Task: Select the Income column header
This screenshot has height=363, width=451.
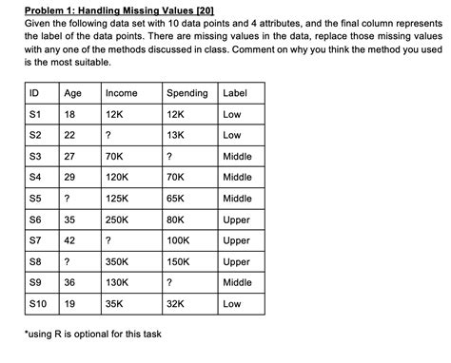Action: pyautogui.click(x=121, y=93)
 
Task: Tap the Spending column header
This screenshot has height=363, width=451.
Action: pyautogui.click(x=186, y=93)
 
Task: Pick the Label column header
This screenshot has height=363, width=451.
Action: pyautogui.click(x=234, y=93)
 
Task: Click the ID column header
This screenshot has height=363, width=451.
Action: pyautogui.click(x=35, y=93)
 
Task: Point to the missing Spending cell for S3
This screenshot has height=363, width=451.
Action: pyautogui.click(x=169, y=157)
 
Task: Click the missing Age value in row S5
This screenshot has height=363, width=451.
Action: pyautogui.click(x=66, y=199)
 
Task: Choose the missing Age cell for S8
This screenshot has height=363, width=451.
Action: pyautogui.click(x=66, y=262)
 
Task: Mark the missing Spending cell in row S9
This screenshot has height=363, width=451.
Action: pyautogui.click(x=169, y=283)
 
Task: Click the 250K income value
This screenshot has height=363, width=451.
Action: pyautogui.click(x=117, y=220)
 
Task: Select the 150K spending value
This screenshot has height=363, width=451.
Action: pyautogui.click(x=178, y=262)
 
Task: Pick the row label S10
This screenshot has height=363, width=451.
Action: pyautogui.click(x=38, y=305)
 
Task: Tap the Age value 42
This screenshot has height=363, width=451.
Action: pyautogui.click(x=69, y=241)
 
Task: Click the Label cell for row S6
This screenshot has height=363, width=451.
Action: pyautogui.click(x=236, y=220)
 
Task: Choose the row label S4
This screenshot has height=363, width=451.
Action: pyautogui.click(x=35, y=178)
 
